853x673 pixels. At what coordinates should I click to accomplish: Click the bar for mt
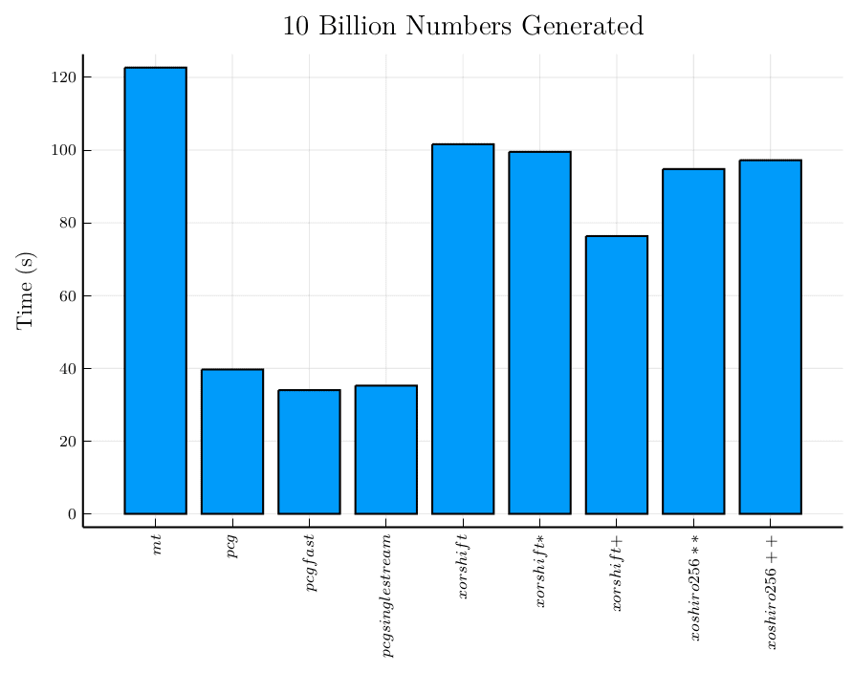(x=155, y=291)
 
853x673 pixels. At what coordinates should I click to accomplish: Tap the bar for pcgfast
(x=309, y=452)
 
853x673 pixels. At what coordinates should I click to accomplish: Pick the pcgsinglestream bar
(x=385, y=449)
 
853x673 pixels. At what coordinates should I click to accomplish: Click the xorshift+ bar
(x=617, y=375)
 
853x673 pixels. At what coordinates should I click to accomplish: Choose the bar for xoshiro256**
(x=693, y=341)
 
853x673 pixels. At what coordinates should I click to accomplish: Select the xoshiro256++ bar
(x=770, y=336)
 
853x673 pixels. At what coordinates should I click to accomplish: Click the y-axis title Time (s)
(x=26, y=290)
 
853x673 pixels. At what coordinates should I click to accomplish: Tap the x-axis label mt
(x=156, y=546)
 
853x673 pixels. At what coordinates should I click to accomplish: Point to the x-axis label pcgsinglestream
(x=386, y=597)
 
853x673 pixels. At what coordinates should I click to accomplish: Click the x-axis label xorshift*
(x=540, y=572)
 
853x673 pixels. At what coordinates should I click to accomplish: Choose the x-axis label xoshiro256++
(x=771, y=591)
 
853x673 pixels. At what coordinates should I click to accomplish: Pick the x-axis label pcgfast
(x=310, y=565)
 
